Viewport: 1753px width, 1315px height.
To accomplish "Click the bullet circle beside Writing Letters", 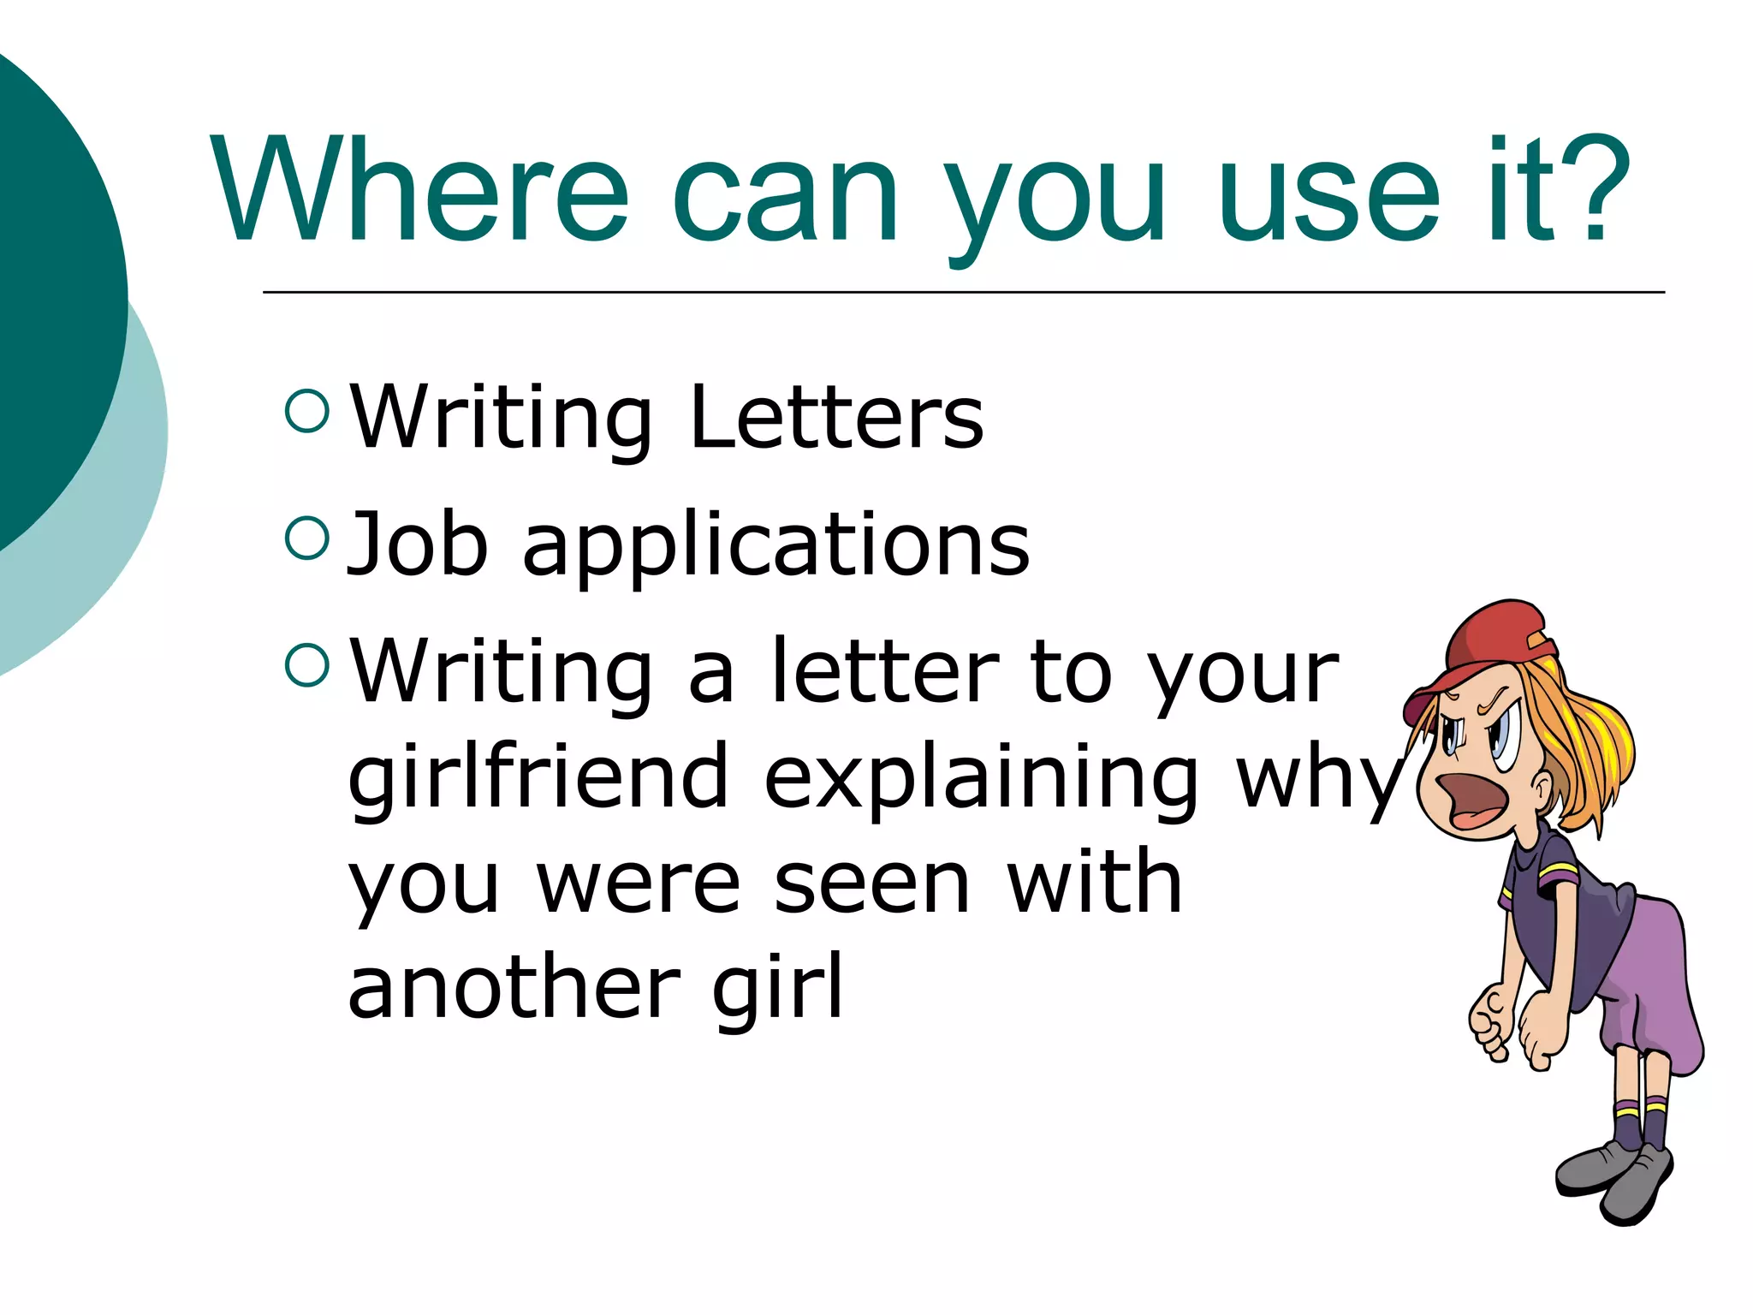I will (307, 411).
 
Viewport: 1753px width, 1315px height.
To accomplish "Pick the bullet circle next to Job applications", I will (307, 538).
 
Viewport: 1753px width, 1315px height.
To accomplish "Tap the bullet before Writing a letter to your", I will (307, 664).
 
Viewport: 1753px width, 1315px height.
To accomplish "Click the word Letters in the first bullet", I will (836, 417).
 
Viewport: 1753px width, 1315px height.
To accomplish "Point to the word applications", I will (775, 548).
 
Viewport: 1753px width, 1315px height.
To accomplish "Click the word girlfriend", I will (538, 776).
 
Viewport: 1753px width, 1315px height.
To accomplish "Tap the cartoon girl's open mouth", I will (1469, 800).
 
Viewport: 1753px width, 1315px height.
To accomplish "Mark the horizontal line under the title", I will (963, 292).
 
